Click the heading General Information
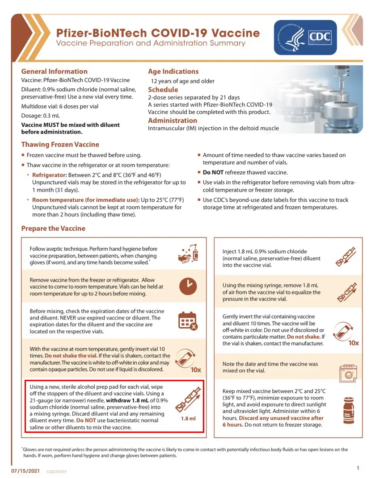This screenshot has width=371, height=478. (55, 71)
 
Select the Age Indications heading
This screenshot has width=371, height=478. (173, 71)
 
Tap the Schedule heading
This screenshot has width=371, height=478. (163, 89)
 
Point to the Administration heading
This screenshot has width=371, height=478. (172, 121)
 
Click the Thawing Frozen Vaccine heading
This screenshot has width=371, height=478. (60, 145)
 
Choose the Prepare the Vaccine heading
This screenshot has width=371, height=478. (53, 229)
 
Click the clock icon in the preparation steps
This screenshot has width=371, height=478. (188, 286)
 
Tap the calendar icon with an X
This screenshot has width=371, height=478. (188, 321)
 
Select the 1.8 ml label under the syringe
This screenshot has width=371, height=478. (188, 419)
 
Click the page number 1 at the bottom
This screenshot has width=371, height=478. (358, 468)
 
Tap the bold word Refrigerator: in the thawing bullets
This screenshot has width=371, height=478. (50, 175)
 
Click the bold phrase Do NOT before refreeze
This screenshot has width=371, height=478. (213, 172)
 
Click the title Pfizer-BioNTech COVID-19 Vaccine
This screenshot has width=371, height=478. (158, 33)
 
